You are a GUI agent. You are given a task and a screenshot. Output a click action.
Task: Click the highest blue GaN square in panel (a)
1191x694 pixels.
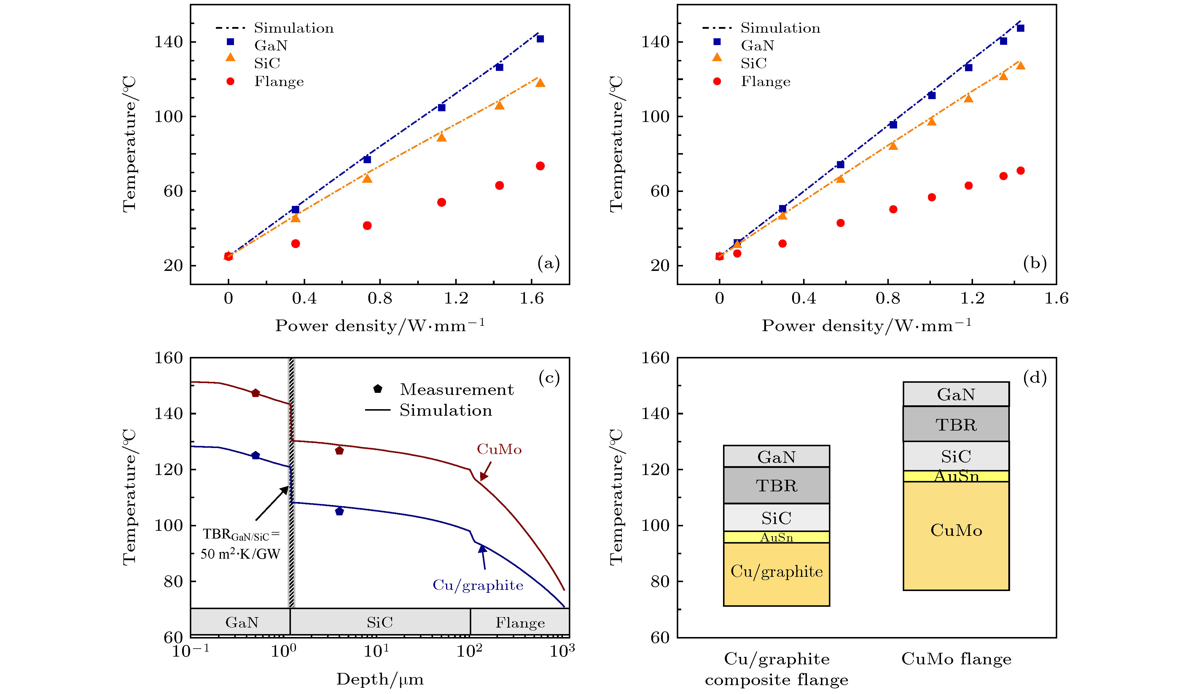tap(540, 39)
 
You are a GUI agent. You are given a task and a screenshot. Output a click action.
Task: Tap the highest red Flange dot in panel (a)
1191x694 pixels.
tap(540, 166)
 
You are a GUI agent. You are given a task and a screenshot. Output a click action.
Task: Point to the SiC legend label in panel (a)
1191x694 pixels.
tap(267, 63)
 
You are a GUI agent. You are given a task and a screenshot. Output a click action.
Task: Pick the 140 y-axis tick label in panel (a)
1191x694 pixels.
tap(169, 42)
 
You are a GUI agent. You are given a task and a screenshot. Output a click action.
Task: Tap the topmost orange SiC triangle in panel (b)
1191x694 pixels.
tap(1020, 66)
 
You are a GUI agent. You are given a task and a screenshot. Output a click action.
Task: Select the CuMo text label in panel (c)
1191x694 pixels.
tap(499, 449)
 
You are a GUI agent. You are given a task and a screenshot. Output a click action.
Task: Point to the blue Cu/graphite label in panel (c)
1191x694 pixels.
tap(478, 585)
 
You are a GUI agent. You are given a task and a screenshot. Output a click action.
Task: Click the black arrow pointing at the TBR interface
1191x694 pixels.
tap(272, 504)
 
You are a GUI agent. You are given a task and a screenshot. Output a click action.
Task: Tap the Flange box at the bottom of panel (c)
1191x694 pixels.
tap(520, 622)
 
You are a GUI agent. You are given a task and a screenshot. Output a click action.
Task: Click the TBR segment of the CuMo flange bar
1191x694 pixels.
tap(956, 424)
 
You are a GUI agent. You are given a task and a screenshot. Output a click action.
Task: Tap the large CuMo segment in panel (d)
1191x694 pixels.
tap(956, 531)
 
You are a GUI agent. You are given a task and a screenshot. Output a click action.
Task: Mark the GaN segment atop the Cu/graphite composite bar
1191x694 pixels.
tap(776, 457)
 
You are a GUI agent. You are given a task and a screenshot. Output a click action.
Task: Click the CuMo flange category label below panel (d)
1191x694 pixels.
tap(956, 659)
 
